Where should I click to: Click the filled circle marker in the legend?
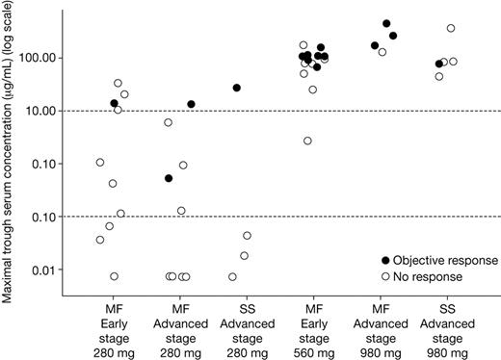tap(388, 261)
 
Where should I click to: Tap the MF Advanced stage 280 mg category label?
tap(178, 325)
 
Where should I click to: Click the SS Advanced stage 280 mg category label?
tap(246, 325)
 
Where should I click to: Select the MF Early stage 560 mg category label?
tap(310, 325)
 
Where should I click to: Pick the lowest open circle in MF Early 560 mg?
tap(307, 141)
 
